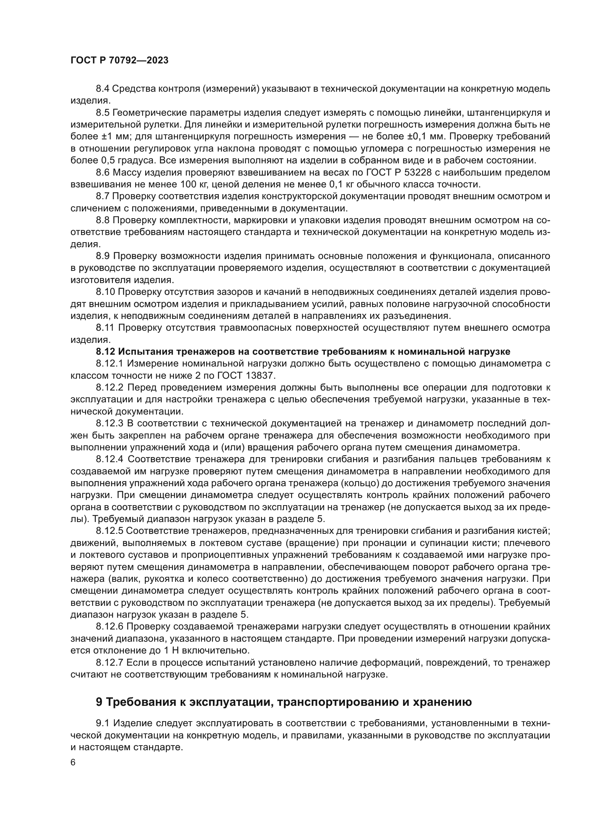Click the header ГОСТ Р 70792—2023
click(119, 61)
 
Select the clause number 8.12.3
click(110, 423)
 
